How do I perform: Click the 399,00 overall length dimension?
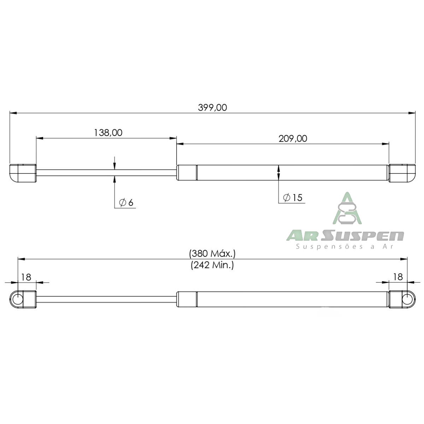coord(212,107)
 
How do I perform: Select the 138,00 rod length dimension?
coord(108,133)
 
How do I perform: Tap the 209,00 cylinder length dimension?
coord(293,139)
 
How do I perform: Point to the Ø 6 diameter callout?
coord(126,203)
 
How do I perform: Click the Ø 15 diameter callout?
coord(293,198)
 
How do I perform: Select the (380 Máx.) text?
coord(212,253)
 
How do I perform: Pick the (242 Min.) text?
coord(212,265)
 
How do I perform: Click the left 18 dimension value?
coord(26,277)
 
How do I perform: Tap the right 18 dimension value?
coord(398,277)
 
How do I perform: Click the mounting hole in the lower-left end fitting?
coord(17,299)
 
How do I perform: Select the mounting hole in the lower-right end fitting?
coord(408,299)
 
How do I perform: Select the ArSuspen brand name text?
coord(344,236)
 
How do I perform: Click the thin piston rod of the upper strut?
coord(106,172)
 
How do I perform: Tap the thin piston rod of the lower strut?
coord(106,299)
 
